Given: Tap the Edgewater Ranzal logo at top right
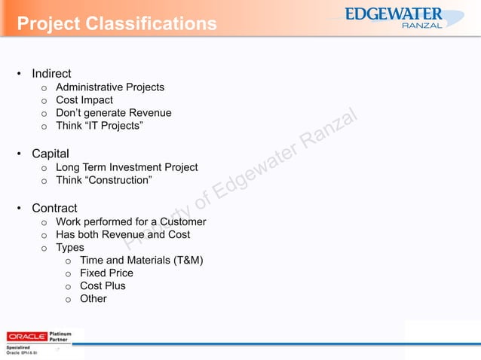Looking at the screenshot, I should point(404,18).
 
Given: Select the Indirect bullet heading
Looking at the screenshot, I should point(51,74).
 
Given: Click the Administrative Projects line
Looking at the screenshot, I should point(110,87).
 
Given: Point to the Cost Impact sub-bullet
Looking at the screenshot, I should point(84,100).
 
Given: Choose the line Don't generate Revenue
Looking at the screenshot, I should point(114,113).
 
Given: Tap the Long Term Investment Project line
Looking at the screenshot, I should point(127,167).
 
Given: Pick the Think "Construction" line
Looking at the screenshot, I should point(104,180).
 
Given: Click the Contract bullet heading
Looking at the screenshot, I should point(54,208).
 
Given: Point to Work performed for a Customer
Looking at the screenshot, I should point(131,221).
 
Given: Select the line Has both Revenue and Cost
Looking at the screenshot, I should point(123,234).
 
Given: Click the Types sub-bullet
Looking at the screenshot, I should point(70,247).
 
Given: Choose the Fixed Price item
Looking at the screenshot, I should point(106,273).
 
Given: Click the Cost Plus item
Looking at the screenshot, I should point(103,286).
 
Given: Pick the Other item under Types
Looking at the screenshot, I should point(93,299).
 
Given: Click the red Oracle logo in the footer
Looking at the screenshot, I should point(27,336).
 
